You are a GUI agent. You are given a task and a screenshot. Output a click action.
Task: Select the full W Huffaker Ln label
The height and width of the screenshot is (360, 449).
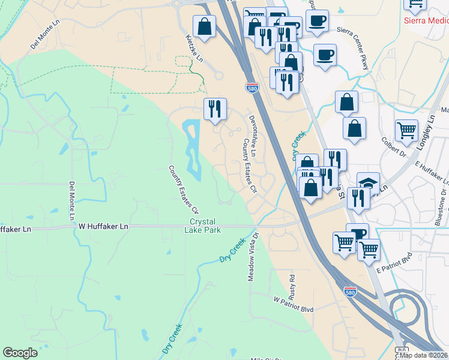104,227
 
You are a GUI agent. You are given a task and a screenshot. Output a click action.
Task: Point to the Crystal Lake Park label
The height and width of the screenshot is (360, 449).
202,226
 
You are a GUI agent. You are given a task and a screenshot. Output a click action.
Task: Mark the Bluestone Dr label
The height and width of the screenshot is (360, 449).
440,208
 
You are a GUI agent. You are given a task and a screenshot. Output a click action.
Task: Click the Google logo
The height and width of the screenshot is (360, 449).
20,353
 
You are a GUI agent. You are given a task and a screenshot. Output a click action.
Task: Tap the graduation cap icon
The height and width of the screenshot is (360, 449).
368,183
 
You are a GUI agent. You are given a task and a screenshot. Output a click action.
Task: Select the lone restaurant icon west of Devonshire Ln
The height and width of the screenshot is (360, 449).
215,109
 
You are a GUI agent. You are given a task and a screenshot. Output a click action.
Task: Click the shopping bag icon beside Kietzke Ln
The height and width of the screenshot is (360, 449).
204,26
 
